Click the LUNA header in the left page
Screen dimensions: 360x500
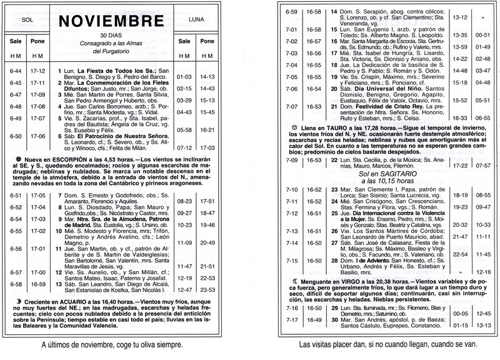coord(192,21)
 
